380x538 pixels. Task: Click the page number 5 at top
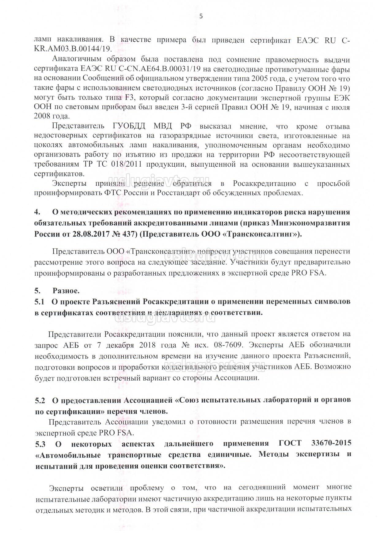[x=201, y=16]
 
